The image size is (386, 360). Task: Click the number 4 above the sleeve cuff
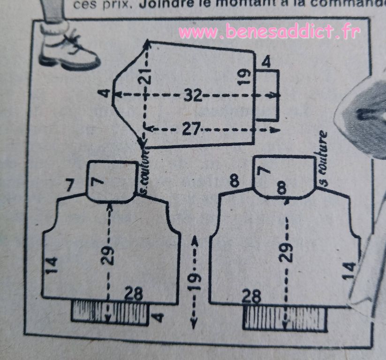[x=266, y=62]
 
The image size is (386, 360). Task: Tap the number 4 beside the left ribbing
[x=159, y=317]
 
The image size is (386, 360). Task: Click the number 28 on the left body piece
[x=134, y=294]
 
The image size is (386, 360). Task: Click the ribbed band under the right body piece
[x=284, y=319]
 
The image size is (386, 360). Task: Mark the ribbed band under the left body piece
[x=110, y=312]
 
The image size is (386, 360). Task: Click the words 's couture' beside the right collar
[x=323, y=157]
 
